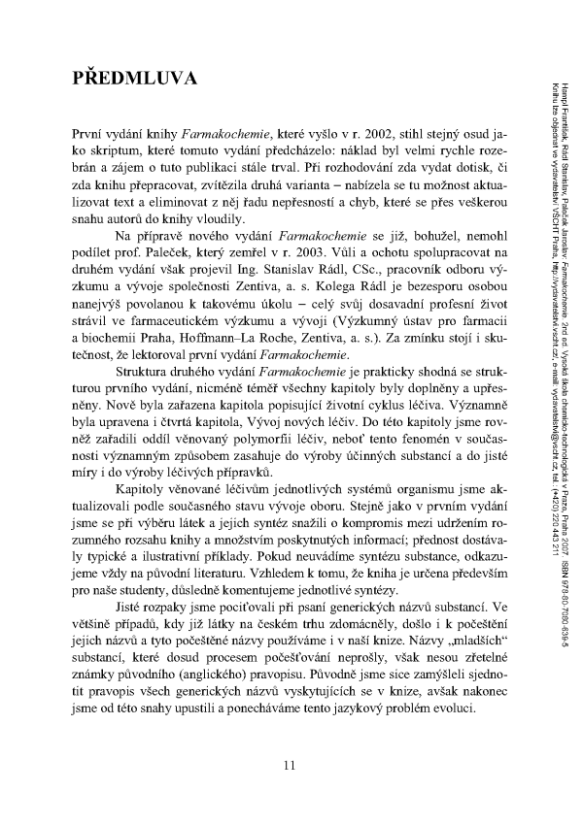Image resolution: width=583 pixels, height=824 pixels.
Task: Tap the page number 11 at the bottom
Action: (x=290, y=765)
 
